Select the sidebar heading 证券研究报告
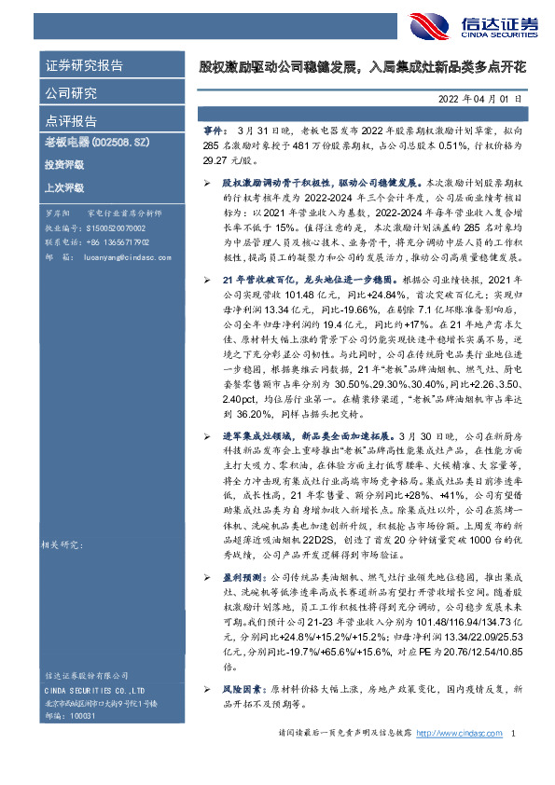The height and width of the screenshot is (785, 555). pyautogui.click(x=83, y=66)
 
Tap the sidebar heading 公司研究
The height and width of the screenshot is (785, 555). pyautogui.click(x=71, y=93)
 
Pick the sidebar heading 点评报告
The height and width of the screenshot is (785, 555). pyautogui.click(x=71, y=120)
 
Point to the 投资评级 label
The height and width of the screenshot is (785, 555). pyautogui.click(x=62, y=165)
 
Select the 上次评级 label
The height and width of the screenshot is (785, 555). pyautogui.click(x=62, y=187)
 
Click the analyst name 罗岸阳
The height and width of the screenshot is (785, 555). pyautogui.click(x=57, y=214)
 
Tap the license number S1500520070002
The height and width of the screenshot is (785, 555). pyautogui.click(x=111, y=227)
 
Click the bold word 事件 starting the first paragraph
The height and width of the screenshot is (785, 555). pyautogui.click(x=215, y=134)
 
